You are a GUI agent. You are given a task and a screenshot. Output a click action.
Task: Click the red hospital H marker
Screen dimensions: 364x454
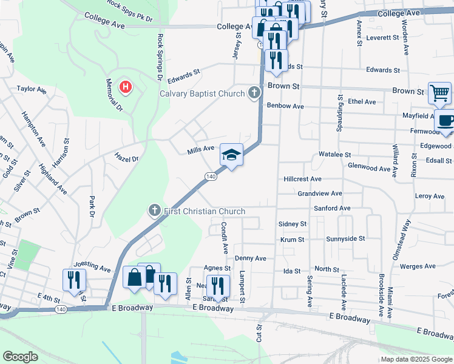(x=126, y=87)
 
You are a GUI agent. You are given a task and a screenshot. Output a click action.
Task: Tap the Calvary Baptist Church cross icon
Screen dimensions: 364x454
(x=254, y=93)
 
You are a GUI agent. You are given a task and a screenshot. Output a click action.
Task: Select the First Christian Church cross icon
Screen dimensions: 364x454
(x=155, y=211)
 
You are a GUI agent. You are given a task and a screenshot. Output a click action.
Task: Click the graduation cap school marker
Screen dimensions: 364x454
(x=231, y=155)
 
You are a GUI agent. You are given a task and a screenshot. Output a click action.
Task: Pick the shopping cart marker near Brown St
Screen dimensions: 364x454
(x=439, y=93)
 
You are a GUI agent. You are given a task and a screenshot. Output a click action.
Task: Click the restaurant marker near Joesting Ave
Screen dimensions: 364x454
(x=74, y=280)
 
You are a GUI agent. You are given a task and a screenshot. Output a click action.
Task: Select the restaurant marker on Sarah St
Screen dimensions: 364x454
(x=217, y=286)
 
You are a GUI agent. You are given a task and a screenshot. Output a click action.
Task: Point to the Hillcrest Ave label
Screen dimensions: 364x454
(x=302, y=180)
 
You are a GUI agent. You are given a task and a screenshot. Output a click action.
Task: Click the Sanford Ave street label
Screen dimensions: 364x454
(x=332, y=208)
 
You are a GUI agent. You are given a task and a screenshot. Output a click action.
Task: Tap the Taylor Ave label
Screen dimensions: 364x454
(x=32, y=89)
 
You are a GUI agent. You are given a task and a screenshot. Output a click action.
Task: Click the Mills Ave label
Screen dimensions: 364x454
(x=201, y=148)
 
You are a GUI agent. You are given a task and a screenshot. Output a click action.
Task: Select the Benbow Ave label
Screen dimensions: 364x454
(x=285, y=106)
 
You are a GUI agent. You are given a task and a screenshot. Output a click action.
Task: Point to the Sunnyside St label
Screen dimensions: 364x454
(x=345, y=239)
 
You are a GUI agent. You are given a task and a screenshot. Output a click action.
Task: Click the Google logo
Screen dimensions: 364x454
(x=20, y=357)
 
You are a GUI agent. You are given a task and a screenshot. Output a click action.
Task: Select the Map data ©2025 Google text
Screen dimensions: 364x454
(x=416, y=359)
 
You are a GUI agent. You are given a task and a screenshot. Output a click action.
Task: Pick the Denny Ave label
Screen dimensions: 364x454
(x=251, y=258)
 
